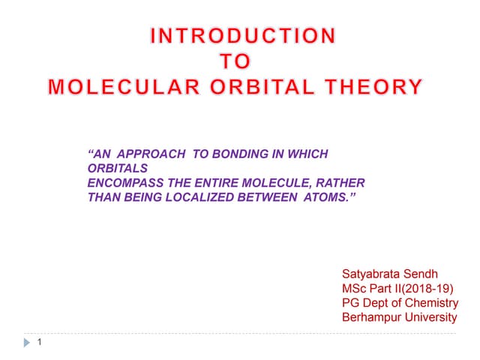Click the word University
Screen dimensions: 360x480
[433, 317]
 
